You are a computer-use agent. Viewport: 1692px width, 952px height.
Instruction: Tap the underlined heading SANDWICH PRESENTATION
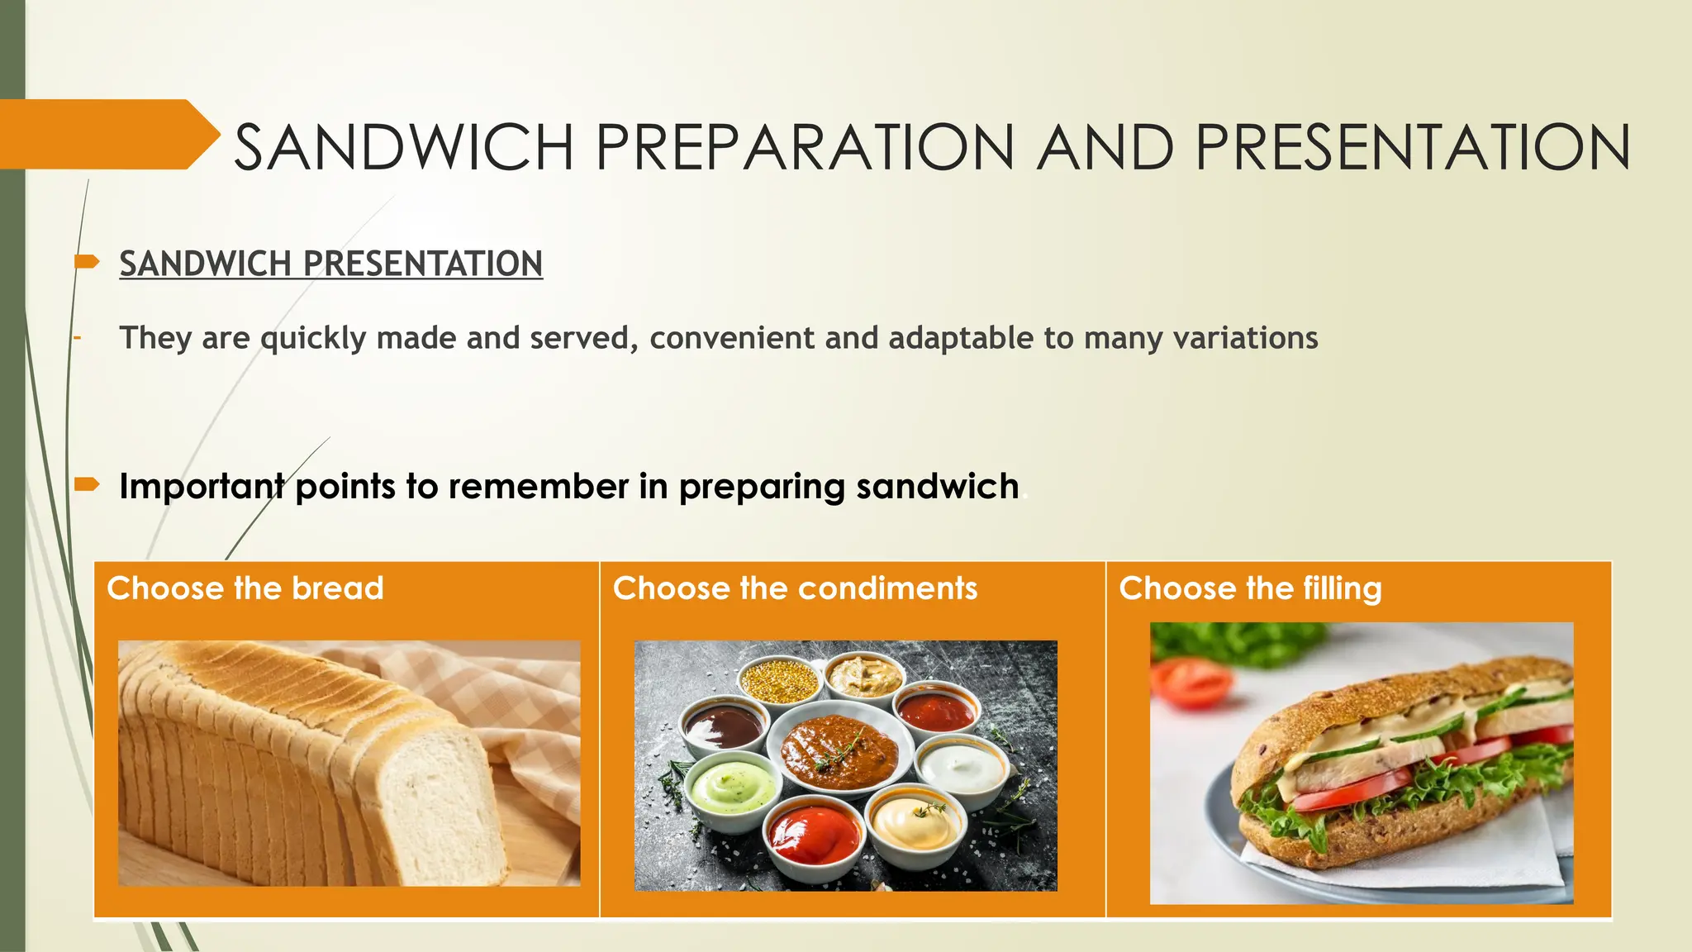[x=330, y=264]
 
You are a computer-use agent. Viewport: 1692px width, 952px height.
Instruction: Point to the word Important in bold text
[x=202, y=486]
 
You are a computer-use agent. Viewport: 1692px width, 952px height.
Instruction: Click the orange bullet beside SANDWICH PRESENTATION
[x=86, y=263]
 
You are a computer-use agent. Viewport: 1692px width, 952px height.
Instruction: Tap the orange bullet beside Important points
[x=86, y=484]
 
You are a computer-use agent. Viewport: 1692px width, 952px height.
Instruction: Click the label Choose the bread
[x=245, y=588]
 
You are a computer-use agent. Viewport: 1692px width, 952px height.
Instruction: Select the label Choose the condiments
[x=795, y=588]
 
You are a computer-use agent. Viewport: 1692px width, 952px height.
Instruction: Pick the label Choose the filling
[x=1250, y=588]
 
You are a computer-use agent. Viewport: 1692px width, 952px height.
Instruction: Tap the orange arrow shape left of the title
[x=107, y=135]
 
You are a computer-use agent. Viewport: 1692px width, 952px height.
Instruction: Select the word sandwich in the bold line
[x=937, y=486]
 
